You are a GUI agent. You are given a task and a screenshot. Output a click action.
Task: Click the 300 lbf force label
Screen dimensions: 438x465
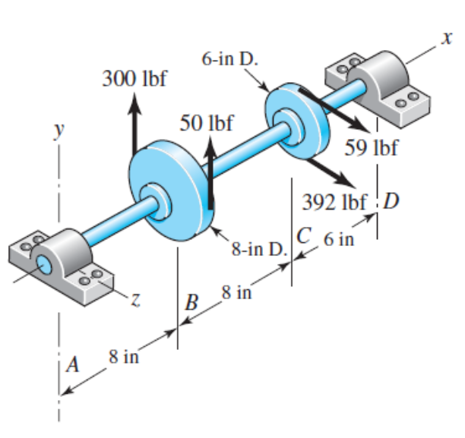click(x=134, y=79)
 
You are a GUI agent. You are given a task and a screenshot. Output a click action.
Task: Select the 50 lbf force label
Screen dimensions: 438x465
click(x=207, y=122)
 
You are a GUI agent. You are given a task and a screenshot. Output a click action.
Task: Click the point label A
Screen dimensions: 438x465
click(x=73, y=364)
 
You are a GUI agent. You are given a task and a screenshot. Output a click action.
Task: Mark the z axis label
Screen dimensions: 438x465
click(x=134, y=301)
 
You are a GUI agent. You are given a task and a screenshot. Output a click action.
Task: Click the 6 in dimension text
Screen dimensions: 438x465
click(x=339, y=241)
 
